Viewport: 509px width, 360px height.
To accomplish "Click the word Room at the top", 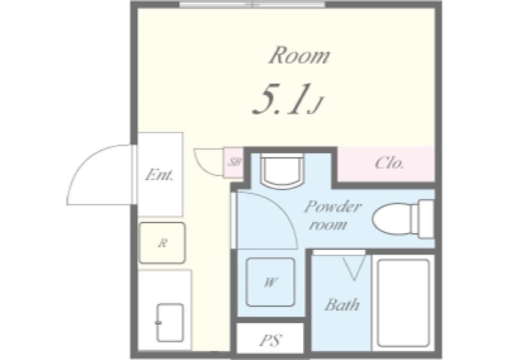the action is point(299,56).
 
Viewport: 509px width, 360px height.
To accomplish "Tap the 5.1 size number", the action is point(280,99).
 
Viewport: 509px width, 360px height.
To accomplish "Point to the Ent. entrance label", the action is point(160,175).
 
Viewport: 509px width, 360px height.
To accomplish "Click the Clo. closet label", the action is point(390,163).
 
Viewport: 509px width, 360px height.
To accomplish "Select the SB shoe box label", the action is point(234,162).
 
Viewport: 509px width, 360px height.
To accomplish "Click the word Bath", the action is point(342,304).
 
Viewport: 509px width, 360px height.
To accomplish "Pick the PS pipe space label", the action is point(270,340).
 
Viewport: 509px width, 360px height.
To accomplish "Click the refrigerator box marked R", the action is point(162,242).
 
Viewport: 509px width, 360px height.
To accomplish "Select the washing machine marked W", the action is point(270,282).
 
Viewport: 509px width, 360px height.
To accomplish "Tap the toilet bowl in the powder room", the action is point(391,219).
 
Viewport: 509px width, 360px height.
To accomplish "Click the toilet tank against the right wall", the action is point(426,219).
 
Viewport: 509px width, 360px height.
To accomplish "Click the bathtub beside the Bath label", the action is point(403,303).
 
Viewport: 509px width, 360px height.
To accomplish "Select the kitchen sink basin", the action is point(170,323).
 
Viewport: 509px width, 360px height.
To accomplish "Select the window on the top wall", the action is point(252,5).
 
